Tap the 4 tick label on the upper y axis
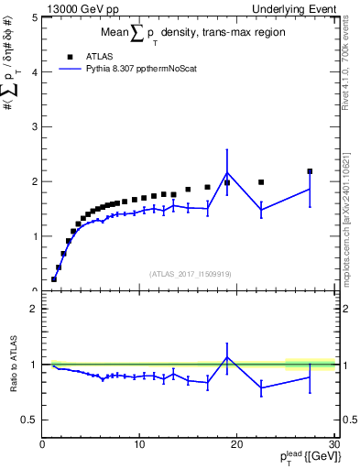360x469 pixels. (34, 71)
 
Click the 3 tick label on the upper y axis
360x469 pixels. (34, 126)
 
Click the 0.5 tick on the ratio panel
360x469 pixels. (29, 420)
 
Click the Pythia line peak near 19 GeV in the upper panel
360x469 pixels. (227, 172)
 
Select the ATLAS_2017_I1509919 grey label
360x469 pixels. (189, 273)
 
